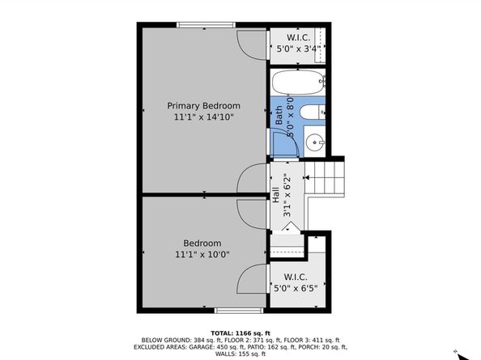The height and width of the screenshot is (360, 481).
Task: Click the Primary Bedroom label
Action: (x=203, y=106)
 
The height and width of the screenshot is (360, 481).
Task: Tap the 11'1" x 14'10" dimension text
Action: (x=203, y=117)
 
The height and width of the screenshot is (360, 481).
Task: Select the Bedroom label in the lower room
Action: (x=202, y=243)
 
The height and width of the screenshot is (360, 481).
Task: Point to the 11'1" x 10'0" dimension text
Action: (x=202, y=254)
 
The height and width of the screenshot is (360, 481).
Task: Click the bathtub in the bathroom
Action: (x=297, y=82)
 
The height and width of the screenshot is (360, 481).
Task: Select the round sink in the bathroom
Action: (x=316, y=143)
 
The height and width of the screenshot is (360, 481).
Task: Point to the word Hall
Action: (x=275, y=195)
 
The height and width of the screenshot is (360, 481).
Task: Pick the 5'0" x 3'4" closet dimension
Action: (x=300, y=48)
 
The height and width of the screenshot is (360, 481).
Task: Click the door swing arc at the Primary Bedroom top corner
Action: (x=251, y=40)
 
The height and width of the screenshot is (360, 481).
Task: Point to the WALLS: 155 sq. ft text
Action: (x=240, y=354)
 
